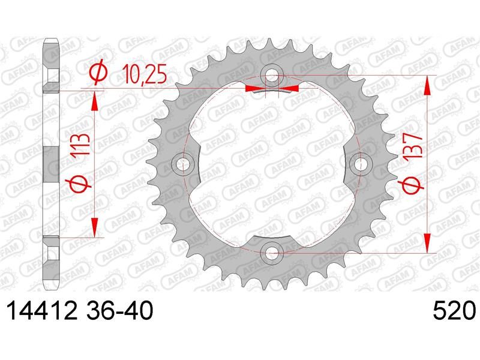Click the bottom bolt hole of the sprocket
[x=272, y=253]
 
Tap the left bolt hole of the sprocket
[x=183, y=164]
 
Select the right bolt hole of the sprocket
[x=361, y=164]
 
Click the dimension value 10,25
[x=144, y=74]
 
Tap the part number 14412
[x=41, y=310]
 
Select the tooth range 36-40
[x=119, y=310]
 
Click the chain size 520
[x=454, y=310]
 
